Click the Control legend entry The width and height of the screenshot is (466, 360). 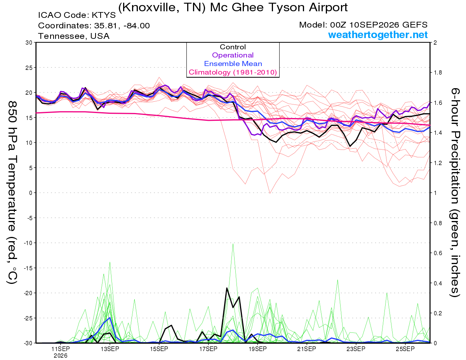click(x=233, y=47)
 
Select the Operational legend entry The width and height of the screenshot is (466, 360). click(x=233, y=55)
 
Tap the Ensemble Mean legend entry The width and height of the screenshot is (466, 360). click(x=233, y=64)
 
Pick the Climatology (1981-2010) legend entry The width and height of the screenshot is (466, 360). click(x=233, y=72)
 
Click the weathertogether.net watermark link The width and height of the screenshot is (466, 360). click(x=377, y=35)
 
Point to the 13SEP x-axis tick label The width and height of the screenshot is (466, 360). click(x=110, y=349)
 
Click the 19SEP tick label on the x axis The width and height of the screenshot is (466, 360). click(x=257, y=349)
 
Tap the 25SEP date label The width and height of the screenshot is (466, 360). click(x=405, y=349)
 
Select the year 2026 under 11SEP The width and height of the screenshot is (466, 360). click(x=61, y=356)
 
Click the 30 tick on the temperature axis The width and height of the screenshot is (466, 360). click(x=29, y=43)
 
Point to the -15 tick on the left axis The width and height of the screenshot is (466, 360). click(x=28, y=268)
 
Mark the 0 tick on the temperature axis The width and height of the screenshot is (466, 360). click(x=31, y=193)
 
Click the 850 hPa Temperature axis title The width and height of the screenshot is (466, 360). click(x=12, y=193)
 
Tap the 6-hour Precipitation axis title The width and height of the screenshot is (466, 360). click(x=455, y=193)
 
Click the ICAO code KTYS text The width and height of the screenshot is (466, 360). click(x=77, y=15)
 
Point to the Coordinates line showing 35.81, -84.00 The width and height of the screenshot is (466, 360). click(x=94, y=26)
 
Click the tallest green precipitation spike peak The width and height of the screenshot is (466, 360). click(x=233, y=244)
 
